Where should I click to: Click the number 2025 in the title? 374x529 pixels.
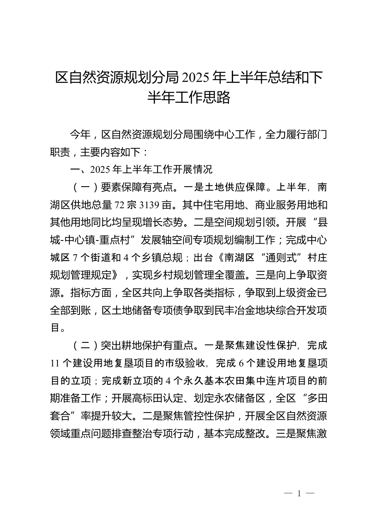pyautogui.click(x=196, y=78)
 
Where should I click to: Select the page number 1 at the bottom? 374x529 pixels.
pyautogui.click(x=299, y=494)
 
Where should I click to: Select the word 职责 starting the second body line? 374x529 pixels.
pyautogui.click(x=60, y=152)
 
